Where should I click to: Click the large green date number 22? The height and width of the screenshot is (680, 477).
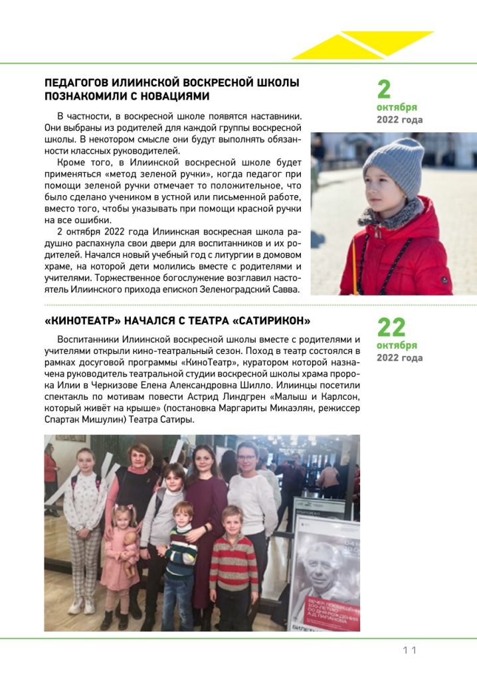[x=391, y=327]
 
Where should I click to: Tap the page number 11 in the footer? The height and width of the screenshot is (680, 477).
[x=409, y=650]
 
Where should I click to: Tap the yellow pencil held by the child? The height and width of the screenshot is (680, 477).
[x=354, y=266]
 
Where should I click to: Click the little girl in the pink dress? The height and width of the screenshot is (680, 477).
[x=120, y=558]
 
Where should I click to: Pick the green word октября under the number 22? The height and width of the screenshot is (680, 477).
[x=397, y=345]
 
